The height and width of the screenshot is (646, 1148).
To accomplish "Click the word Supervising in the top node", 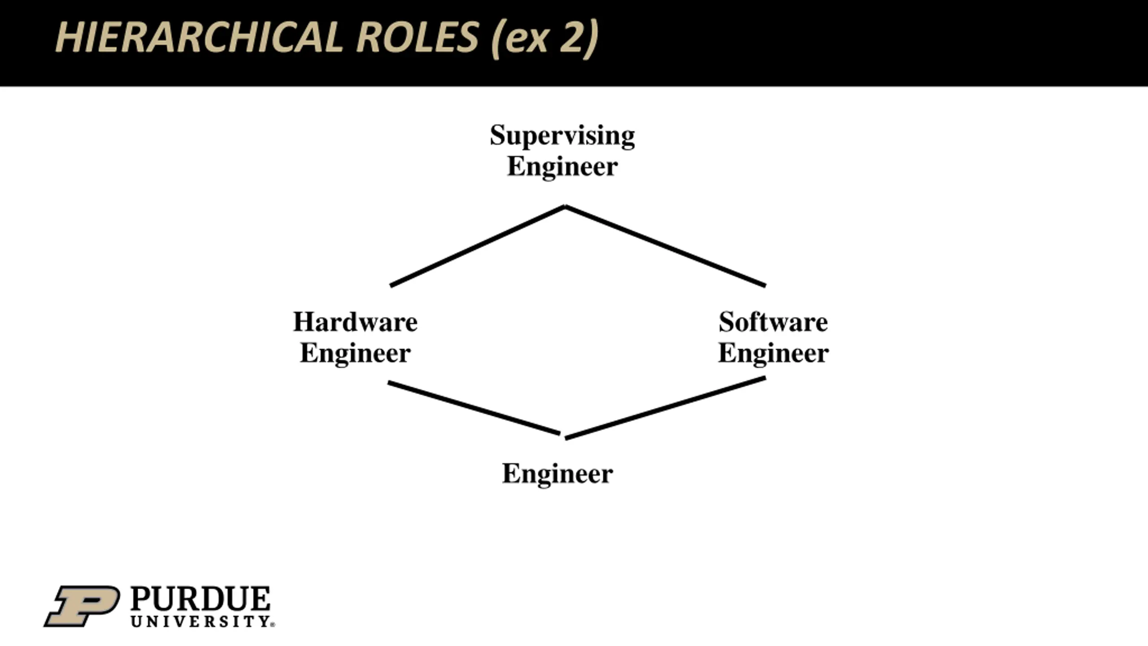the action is [x=562, y=135].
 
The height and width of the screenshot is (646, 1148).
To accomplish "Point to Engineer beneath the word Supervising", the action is [x=562, y=167].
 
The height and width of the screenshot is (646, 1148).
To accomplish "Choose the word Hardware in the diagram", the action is [x=355, y=322].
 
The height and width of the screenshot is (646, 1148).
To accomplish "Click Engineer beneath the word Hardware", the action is [x=355, y=354].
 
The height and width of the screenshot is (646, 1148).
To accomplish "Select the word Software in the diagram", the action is [x=773, y=322].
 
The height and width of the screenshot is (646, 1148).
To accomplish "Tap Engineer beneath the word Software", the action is [x=773, y=354].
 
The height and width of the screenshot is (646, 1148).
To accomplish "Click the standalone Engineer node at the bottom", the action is [x=557, y=474].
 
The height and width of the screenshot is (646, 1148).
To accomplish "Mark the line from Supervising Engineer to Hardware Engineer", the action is [x=478, y=246].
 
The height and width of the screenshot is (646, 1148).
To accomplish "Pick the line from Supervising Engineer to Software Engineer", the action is [x=665, y=246].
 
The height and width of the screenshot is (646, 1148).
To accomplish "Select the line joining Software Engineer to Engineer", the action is [x=665, y=408].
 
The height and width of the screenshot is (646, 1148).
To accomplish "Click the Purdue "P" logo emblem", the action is [x=82, y=606].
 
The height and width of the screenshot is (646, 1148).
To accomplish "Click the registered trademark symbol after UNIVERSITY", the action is [x=273, y=624].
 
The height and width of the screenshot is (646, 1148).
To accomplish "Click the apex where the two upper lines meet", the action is [x=565, y=207].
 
